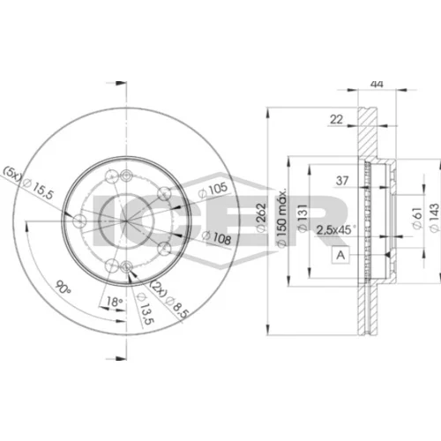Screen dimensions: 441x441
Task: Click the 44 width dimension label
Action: (x=377, y=84)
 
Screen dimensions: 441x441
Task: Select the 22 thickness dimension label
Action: (x=336, y=119)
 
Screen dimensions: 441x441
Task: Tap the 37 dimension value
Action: (x=342, y=181)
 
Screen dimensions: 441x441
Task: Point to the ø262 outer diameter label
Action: (x=261, y=218)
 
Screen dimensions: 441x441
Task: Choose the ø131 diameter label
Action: (x=303, y=218)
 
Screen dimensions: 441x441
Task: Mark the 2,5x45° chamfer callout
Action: (x=336, y=229)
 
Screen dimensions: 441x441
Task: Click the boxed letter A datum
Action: (x=340, y=255)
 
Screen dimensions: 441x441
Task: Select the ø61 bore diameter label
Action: (x=417, y=218)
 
